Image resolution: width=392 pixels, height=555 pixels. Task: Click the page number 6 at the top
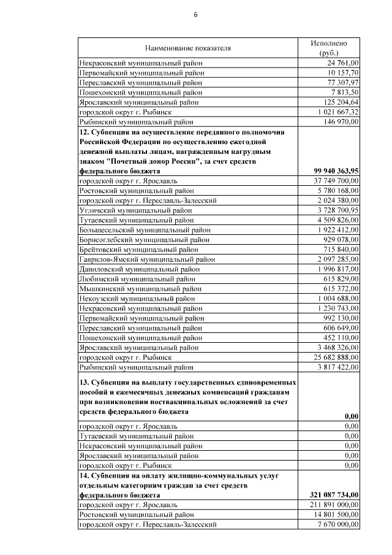point(196,14)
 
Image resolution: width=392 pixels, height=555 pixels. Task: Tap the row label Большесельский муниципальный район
point(145,230)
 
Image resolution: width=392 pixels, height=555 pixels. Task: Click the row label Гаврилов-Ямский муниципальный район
point(147,259)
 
